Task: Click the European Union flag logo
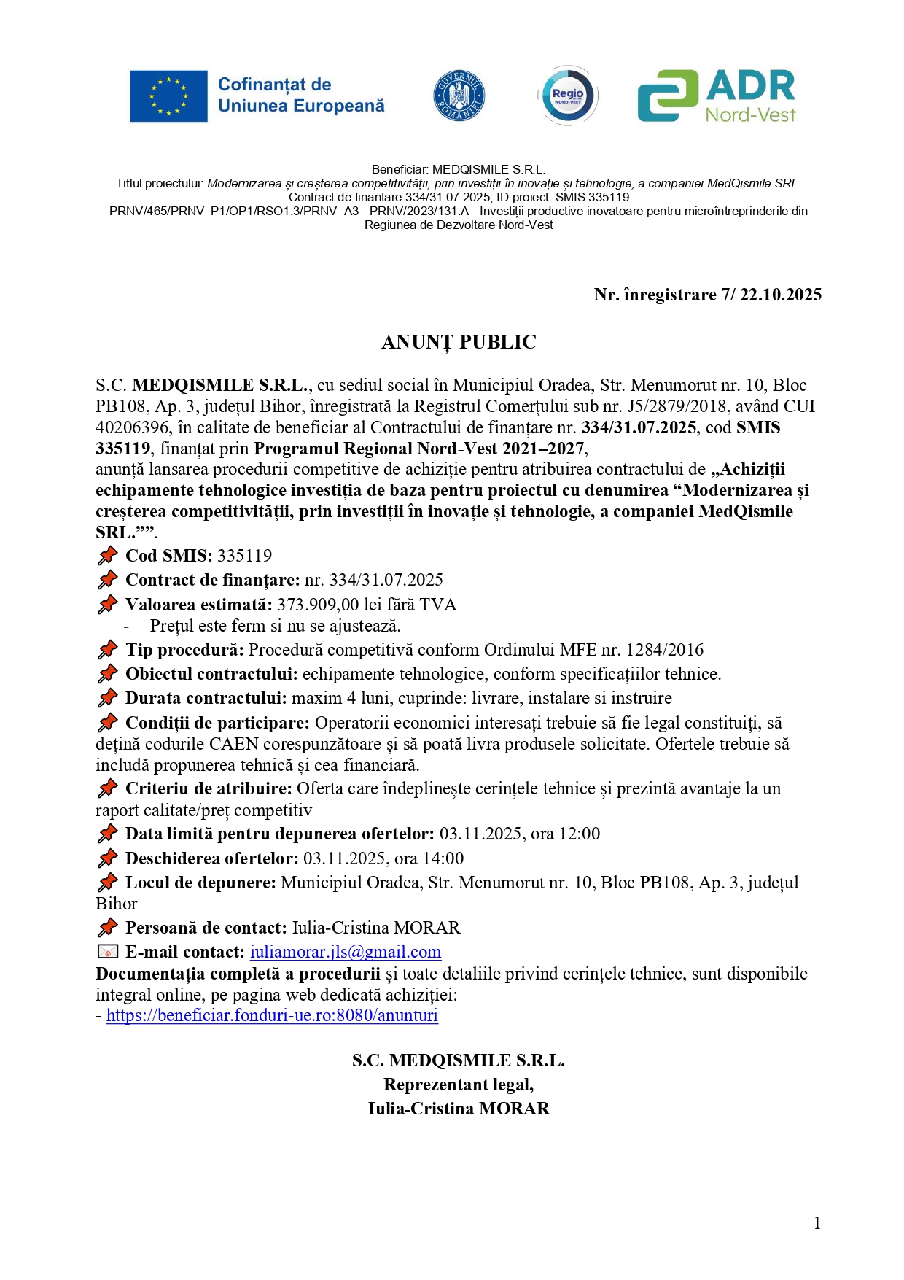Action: point(168,96)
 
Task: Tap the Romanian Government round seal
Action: point(459,96)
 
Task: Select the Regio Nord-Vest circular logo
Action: point(568,96)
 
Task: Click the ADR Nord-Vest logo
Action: point(717,96)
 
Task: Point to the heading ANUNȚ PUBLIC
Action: point(459,342)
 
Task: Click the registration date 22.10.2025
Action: point(780,295)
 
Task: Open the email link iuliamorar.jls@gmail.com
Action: point(346,952)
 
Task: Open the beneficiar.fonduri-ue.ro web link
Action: point(272,1015)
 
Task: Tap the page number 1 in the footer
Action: point(817,1223)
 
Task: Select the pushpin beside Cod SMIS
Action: point(107,556)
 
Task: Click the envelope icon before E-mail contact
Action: point(107,952)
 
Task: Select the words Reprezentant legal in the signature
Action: point(459,1085)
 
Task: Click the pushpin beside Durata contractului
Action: point(107,698)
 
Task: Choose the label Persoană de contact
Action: point(206,928)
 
